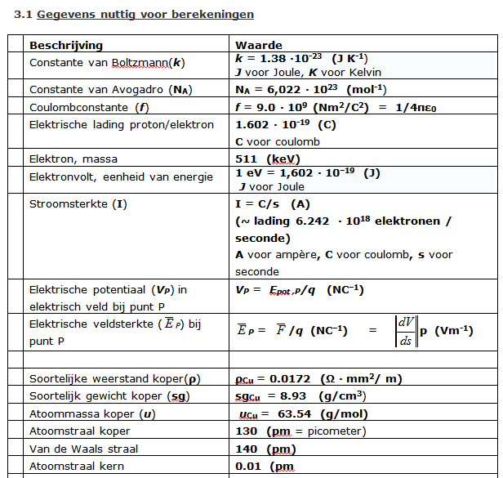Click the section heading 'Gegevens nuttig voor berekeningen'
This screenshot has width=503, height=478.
click(145, 15)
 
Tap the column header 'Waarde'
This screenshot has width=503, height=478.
click(259, 45)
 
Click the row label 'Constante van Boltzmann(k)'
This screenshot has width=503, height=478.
click(106, 62)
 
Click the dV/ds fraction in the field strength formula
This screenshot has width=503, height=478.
click(406, 330)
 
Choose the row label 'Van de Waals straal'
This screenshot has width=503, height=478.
click(83, 449)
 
